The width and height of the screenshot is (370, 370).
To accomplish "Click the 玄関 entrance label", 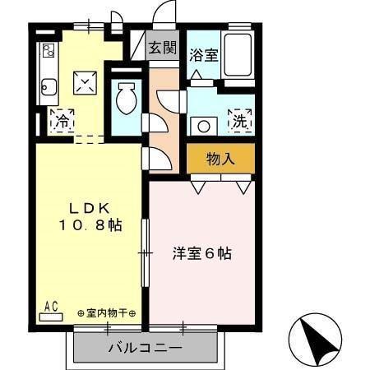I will tap(161, 47).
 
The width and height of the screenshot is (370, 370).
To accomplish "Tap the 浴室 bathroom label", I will tap(202, 56).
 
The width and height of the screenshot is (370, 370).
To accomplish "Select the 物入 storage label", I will tap(220, 159).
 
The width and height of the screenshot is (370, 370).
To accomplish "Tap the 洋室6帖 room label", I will tap(201, 253).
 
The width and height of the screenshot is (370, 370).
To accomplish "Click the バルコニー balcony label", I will tap(145, 348).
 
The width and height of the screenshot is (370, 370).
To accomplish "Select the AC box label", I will tap(51, 308).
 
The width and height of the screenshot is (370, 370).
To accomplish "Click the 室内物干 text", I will tap(108, 313).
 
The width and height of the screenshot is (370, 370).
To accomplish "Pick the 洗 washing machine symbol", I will tap(239, 119).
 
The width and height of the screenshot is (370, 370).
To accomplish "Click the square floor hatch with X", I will tap(86, 82).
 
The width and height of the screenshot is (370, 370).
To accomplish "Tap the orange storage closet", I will tap(220, 159).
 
